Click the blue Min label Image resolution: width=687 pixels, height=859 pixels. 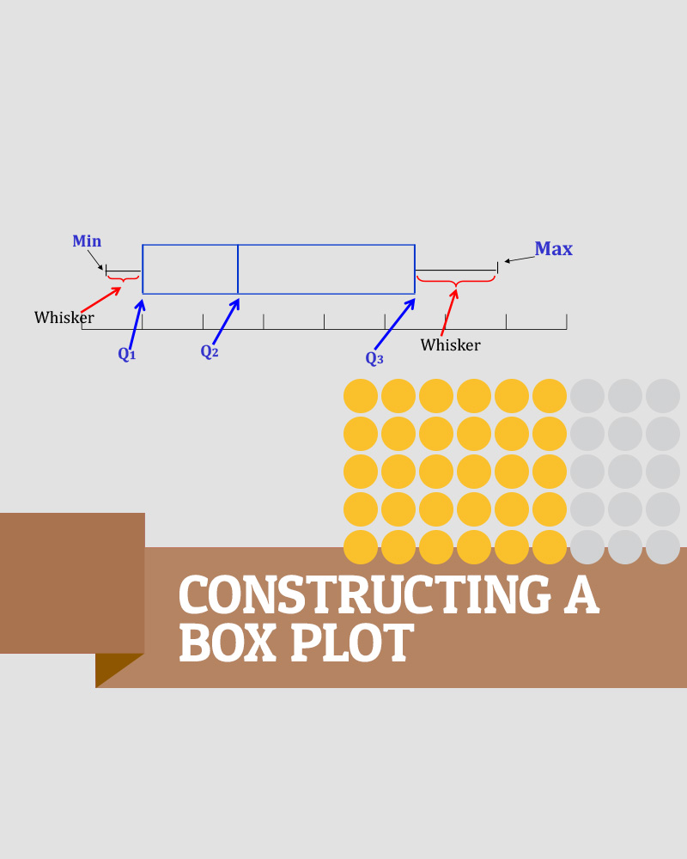[87, 241]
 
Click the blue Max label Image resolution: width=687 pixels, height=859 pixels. [553, 249]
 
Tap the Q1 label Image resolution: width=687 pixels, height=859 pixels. [127, 354]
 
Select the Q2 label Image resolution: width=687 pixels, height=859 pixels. [210, 351]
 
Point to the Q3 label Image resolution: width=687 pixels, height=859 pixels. [374, 358]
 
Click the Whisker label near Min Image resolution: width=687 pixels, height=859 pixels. [64, 318]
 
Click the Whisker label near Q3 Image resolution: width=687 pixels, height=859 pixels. [450, 345]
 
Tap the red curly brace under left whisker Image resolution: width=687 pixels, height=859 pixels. [123, 278]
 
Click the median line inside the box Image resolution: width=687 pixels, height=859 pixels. [238, 269]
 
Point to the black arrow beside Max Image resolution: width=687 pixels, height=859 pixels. [518, 258]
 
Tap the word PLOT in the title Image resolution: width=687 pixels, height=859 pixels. [352, 643]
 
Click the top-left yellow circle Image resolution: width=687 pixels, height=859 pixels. [361, 396]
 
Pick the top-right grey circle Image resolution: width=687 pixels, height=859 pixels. [663, 396]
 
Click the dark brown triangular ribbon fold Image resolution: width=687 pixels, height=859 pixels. [115, 667]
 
